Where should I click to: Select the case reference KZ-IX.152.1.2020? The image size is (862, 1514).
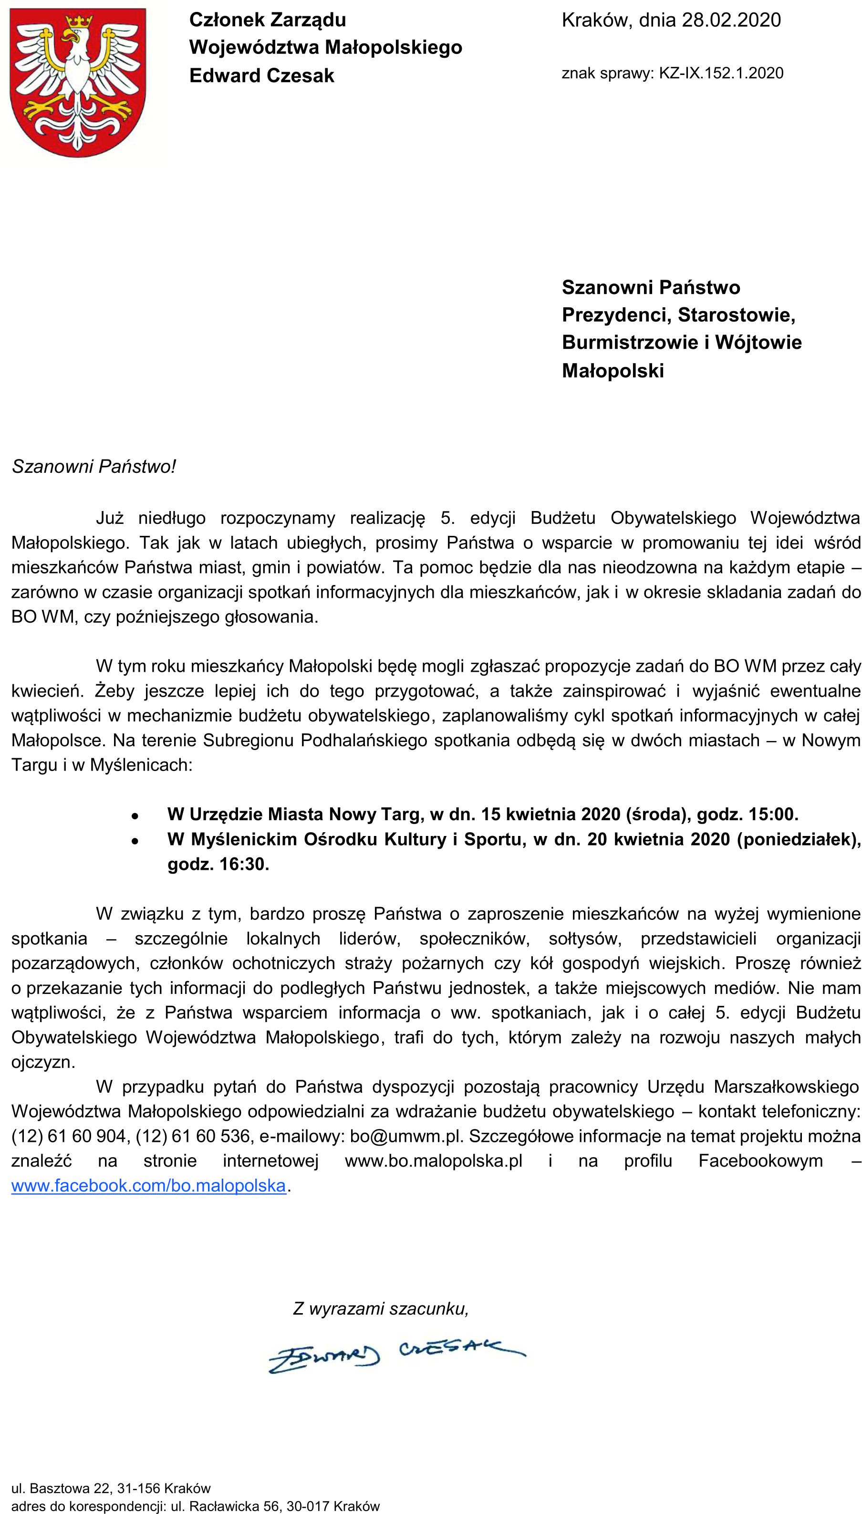click(721, 73)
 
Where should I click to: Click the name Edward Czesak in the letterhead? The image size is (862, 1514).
click(262, 76)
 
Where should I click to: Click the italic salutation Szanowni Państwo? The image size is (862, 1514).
click(93, 467)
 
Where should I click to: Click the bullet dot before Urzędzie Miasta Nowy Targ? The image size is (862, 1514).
click(135, 815)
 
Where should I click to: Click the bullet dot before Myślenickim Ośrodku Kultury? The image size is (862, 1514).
click(135, 840)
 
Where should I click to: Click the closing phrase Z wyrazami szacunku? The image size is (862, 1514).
click(380, 1308)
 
